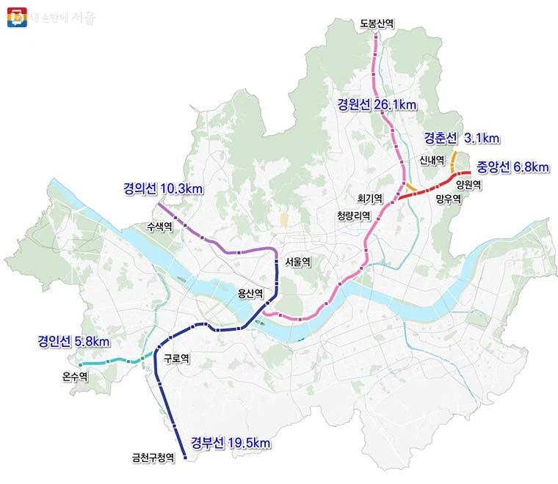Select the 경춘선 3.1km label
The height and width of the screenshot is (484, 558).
pos(461,138)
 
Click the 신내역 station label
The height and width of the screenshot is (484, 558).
pos(432,159)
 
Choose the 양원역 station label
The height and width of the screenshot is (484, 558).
pos(468,185)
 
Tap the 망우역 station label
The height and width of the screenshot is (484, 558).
pos(447,199)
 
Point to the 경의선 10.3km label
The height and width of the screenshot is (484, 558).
pos(162,189)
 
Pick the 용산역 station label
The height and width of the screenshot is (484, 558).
pos(250,293)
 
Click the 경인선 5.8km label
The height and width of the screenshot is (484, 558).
pos(73,342)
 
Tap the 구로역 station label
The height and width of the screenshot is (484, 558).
pos(177,359)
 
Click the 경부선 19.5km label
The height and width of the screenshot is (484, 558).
pos(231,442)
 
